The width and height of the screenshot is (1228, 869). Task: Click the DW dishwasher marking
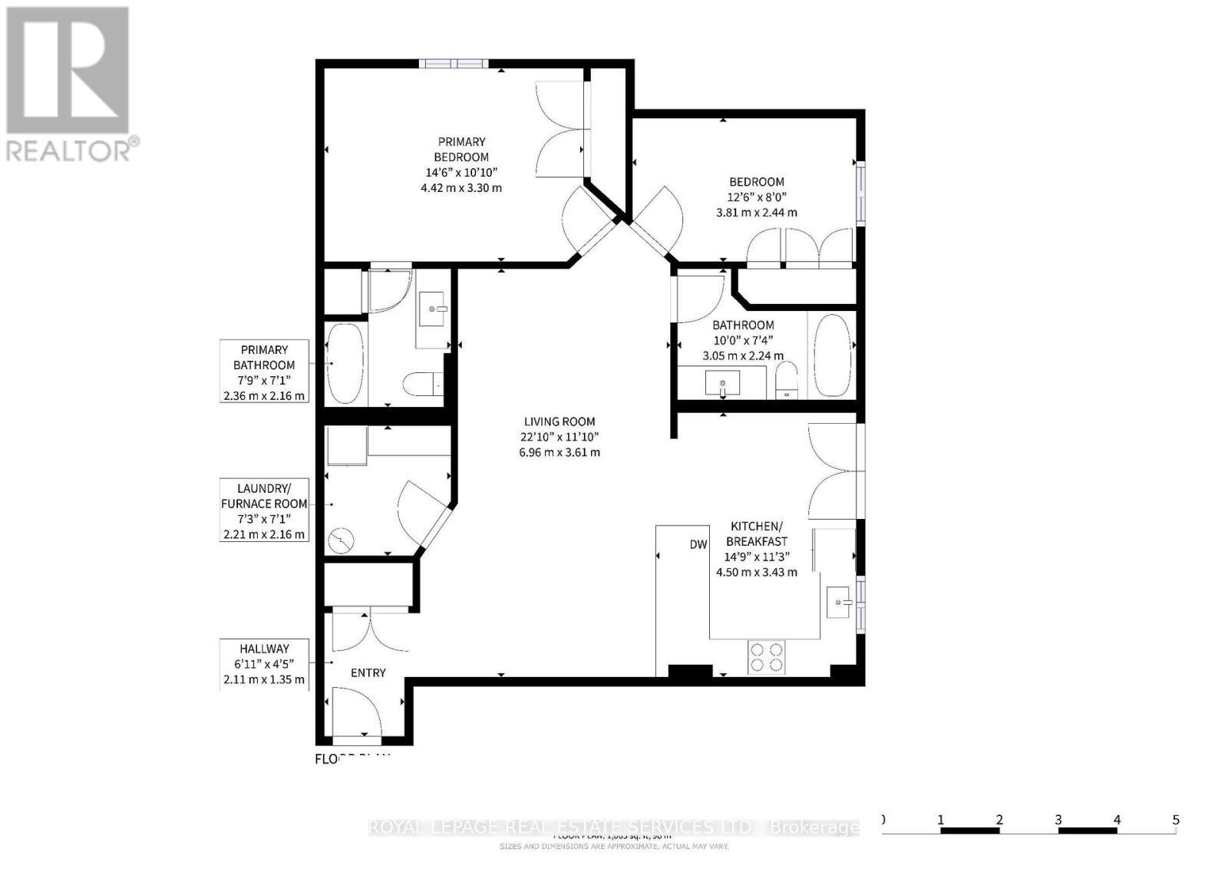coord(698,544)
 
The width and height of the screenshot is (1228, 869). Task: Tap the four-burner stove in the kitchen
coord(767,657)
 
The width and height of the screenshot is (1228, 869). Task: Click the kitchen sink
coord(838,602)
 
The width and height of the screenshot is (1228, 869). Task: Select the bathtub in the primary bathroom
coord(345,363)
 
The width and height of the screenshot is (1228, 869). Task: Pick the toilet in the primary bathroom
coord(422,383)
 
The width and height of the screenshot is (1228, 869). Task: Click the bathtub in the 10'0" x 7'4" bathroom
coord(831,355)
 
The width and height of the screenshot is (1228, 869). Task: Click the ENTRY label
coord(368,672)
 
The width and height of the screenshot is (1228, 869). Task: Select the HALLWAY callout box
coord(264,664)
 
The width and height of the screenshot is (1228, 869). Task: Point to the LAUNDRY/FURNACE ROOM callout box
coord(264,510)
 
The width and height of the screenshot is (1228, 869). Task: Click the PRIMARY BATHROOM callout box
coord(264,372)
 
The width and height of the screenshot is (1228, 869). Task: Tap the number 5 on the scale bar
coord(1175,820)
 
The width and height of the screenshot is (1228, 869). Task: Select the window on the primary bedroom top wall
coord(453,64)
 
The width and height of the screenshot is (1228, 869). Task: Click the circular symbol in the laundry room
coord(340,540)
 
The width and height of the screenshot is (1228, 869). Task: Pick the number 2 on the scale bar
coord(999,820)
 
